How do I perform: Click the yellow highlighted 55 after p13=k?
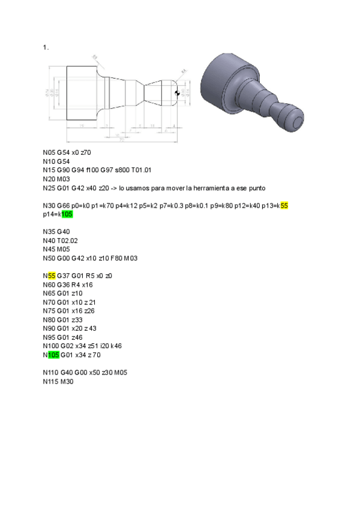[x=284, y=206]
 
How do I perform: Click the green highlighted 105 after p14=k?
[x=67, y=214]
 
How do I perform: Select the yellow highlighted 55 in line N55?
[x=52, y=276]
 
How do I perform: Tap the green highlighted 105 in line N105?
[x=55, y=354]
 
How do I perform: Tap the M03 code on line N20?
[x=64, y=179]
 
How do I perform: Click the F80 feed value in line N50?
[x=119, y=258]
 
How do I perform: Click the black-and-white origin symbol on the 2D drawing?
[x=178, y=92]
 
